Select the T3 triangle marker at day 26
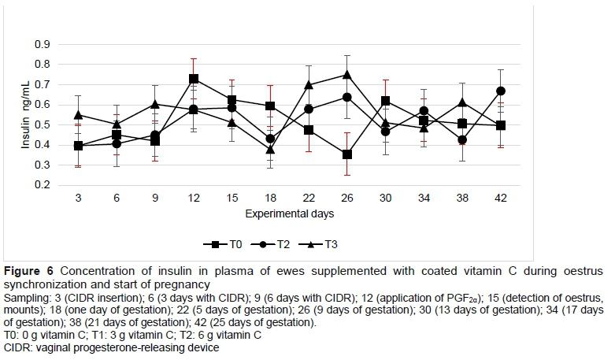pyautogui.click(x=346, y=75)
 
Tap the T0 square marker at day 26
pyautogui.click(x=346, y=154)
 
